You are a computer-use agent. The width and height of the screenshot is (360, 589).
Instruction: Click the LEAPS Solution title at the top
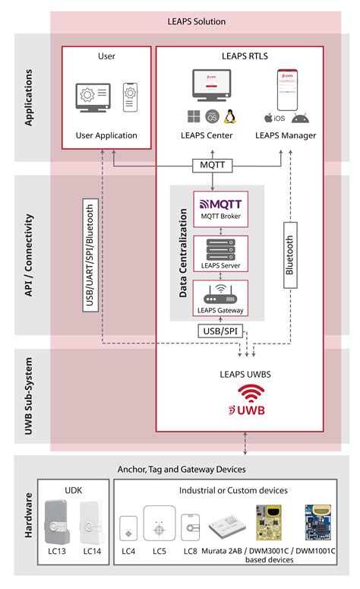tap(197, 22)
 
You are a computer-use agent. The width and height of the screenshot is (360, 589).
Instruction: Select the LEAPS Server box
tap(216, 255)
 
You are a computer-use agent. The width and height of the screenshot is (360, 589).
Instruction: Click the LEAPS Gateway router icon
tap(217, 293)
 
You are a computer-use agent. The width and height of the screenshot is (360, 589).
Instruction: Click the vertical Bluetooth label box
tap(289, 255)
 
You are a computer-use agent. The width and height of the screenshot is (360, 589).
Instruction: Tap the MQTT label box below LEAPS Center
tap(211, 163)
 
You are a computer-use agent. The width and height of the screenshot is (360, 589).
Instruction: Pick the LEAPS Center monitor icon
tap(212, 86)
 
